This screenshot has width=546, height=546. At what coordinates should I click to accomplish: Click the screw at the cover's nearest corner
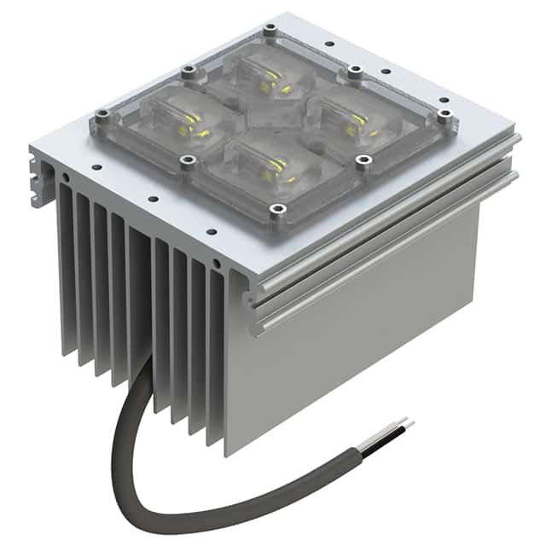pos(275,208)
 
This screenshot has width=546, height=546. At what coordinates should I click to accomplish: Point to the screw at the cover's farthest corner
pos(270,30)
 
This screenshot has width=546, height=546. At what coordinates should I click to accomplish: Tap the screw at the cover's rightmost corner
pos(443,113)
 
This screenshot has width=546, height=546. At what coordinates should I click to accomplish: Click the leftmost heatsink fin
pos(65,273)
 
